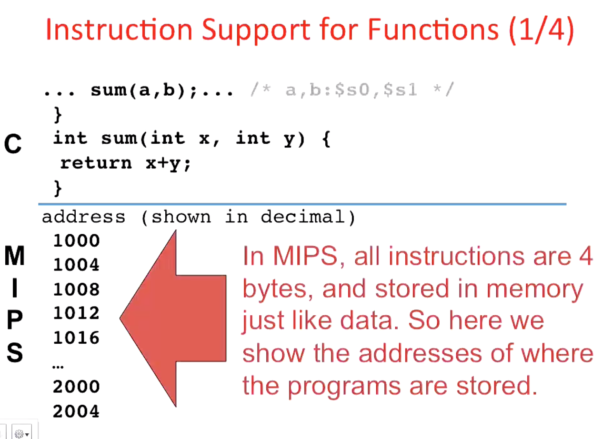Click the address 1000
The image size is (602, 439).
(76, 240)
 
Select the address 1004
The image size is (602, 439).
(76, 265)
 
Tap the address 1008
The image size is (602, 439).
(76, 289)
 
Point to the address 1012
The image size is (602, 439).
(76, 313)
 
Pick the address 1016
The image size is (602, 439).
(76, 338)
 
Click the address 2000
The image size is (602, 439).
(76, 387)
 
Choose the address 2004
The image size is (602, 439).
(76, 411)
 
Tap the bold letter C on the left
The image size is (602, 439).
(13, 144)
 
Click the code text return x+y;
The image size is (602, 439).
(125, 163)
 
